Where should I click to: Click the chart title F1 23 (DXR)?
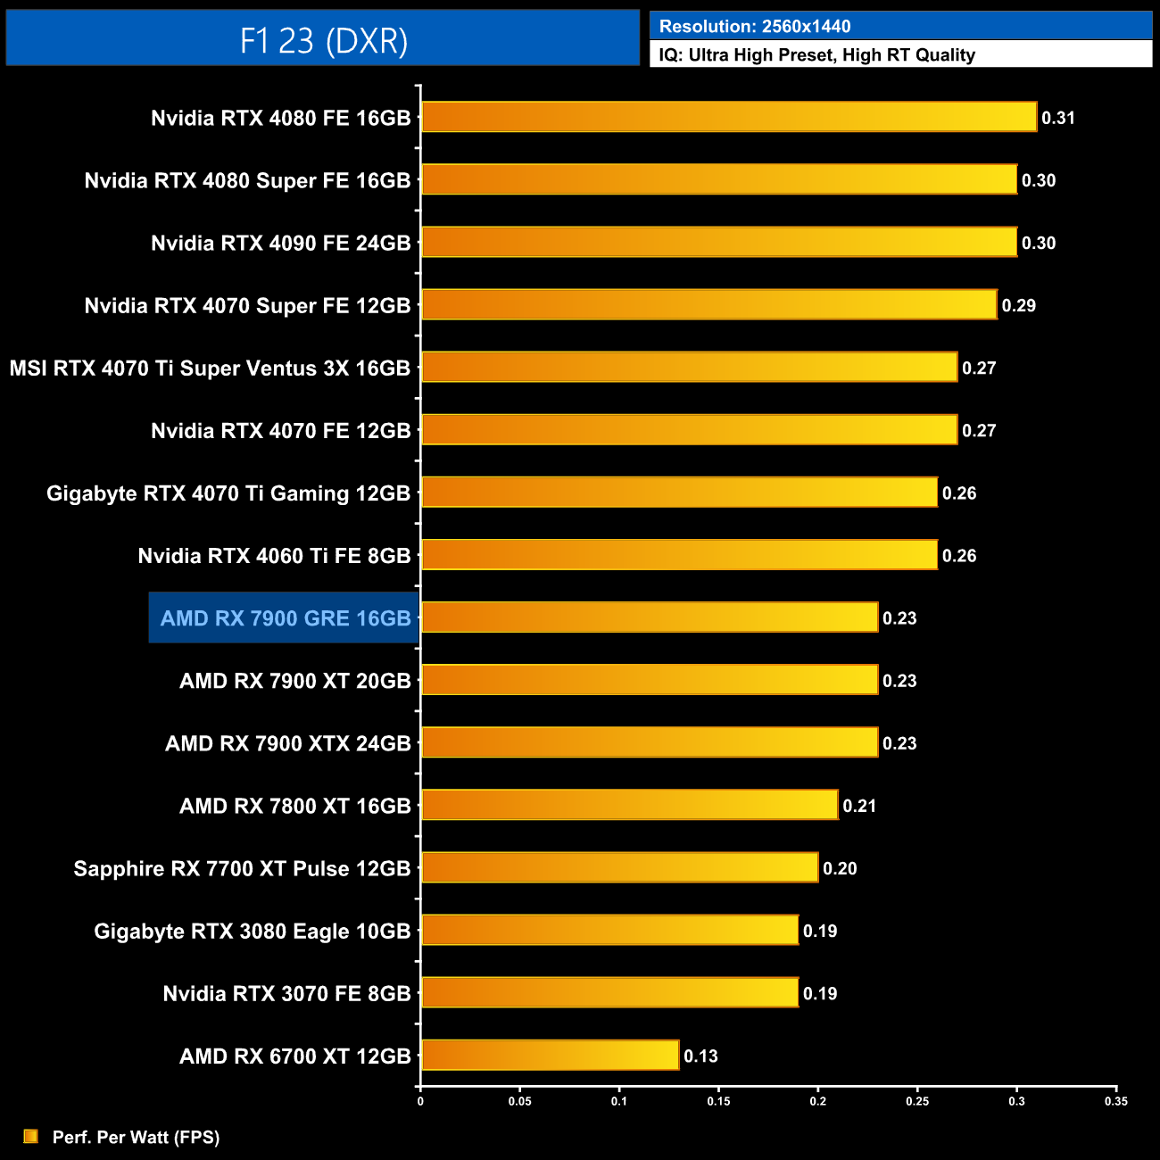[323, 40]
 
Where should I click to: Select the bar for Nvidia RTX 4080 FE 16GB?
[728, 117]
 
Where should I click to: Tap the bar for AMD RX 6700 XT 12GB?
[550, 1055]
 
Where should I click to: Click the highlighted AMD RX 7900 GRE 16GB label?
[285, 618]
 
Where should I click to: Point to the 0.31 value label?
[1058, 118]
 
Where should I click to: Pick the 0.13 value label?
[700, 1056]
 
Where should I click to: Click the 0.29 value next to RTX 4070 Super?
[1018, 306]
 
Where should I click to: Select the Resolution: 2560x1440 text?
[755, 27]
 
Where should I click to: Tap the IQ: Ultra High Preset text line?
[816, 55]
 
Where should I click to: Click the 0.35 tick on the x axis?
[1115, 1101]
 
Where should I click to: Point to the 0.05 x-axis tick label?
[519, 1101]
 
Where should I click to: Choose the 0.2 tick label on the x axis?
[817, 1101]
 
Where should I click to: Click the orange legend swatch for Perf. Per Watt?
[31, 1136]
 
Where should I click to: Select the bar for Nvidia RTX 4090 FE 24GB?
[718, 242]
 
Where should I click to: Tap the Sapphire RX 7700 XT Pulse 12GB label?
[242, 869]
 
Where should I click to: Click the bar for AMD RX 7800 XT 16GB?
[629, 805]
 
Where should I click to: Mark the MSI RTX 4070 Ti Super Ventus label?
[210, 369]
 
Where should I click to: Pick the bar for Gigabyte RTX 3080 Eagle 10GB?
[609, 930]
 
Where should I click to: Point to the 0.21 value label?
[859, 807]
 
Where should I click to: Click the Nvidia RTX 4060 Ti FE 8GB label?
[274, 556]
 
